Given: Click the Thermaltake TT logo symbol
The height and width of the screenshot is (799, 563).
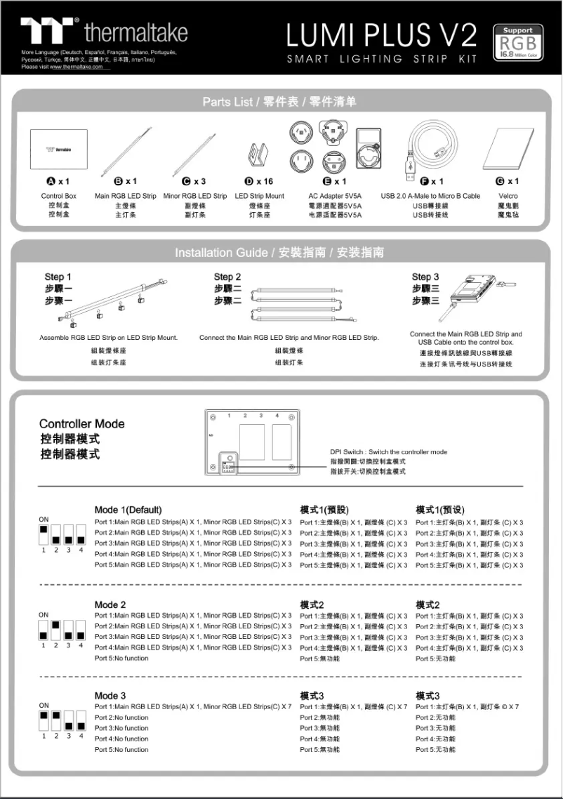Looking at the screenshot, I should (48, 32).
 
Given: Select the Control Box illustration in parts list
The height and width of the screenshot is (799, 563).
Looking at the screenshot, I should (59, 150).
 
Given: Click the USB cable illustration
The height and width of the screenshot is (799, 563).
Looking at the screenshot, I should (432, 147).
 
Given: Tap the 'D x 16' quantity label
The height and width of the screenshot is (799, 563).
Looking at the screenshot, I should (258, 181).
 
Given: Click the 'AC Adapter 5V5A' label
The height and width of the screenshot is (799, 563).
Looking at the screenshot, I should (335, 196).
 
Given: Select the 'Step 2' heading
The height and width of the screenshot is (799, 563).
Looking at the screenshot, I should (227, 277).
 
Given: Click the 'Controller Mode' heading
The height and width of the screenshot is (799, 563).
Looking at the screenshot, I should (81, 424).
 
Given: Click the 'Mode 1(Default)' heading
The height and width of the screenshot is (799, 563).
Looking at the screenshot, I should (128, 510).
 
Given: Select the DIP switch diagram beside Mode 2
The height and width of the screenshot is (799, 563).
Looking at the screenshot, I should (62, 630).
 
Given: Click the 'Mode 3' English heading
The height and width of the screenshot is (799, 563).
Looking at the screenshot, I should (110, 695).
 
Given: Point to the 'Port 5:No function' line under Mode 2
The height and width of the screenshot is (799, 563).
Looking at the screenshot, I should (121, 659).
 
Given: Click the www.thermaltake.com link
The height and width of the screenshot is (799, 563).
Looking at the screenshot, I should (77, 67).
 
